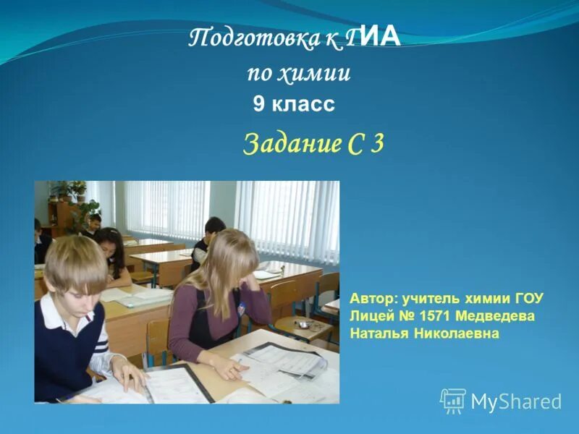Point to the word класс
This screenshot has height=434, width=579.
click(x=304, y=106)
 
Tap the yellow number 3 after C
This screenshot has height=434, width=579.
click(x=376, y=143)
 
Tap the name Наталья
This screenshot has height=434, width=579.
click(x=378, y=334)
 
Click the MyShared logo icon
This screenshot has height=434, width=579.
click(x=453, y=400)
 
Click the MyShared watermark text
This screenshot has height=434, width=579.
click(x=516, y=401)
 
